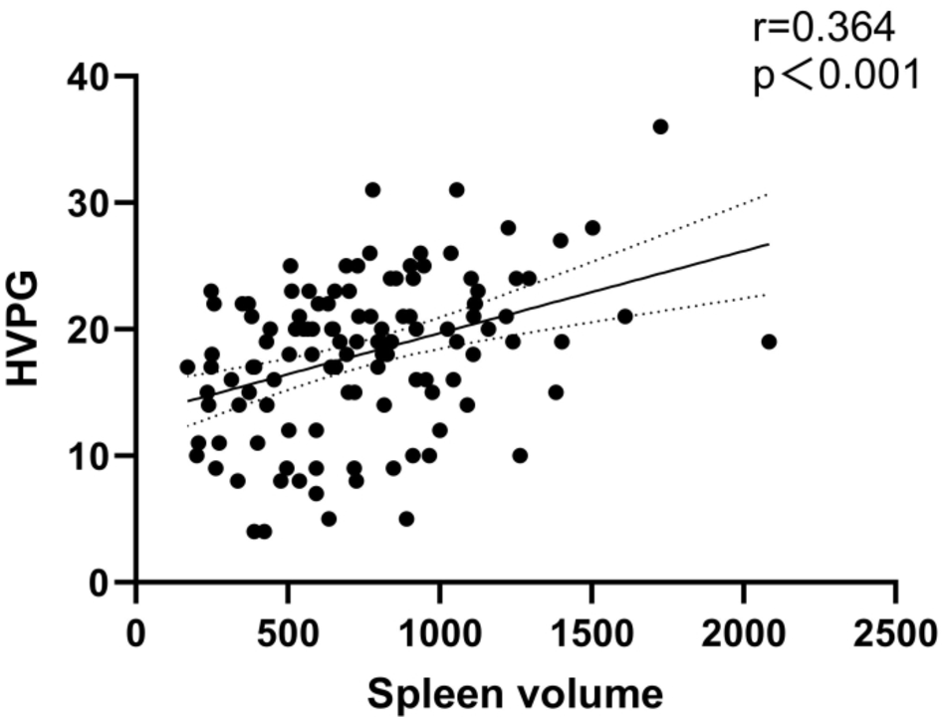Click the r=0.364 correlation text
click(x=824, y=28)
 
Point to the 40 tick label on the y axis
click(x=96, y=77)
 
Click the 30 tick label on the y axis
click(x=96, y=203)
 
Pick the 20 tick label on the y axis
click(x=96, y=330)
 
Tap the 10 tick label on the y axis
click(x=96, y=456)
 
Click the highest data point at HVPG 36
click(x=660, y=126)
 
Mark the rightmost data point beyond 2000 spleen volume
click(x=768, y=342)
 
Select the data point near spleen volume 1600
click(x=625, y=317)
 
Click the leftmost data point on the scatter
click(x=187, y=367)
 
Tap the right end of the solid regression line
click(x=769, y=243)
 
